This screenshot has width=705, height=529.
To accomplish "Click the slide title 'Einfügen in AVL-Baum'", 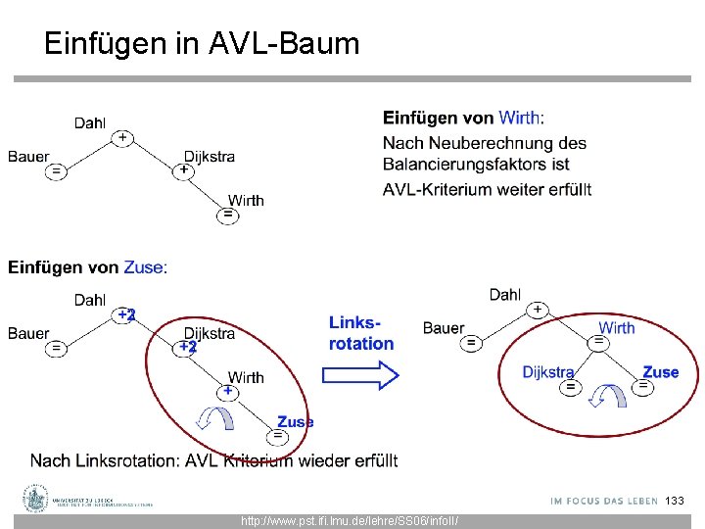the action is [202, 43].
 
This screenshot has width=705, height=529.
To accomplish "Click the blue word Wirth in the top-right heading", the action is [518, 119].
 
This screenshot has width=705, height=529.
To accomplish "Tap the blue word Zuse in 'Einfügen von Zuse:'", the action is [144, 266].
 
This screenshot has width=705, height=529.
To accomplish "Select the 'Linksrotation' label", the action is [361, 333].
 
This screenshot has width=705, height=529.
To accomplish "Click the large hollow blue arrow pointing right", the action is [360, 375].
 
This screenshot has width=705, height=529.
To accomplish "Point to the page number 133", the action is [675, 501].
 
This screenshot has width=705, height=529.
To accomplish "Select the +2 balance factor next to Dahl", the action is [125, 314].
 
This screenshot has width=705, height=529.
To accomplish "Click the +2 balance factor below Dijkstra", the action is [187, 347].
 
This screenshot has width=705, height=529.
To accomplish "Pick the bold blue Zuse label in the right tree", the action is [660, 372].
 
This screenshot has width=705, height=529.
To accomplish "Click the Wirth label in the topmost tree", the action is [246, 200].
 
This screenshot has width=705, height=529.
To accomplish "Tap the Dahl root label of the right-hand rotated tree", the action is [505, 294].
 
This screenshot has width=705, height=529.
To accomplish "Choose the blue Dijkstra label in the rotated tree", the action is [547, 372].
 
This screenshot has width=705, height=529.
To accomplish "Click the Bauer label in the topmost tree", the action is [28, 156].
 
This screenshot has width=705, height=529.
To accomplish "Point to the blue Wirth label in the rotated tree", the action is [616, 327].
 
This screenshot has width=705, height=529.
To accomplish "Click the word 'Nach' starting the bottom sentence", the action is [49, 460].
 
